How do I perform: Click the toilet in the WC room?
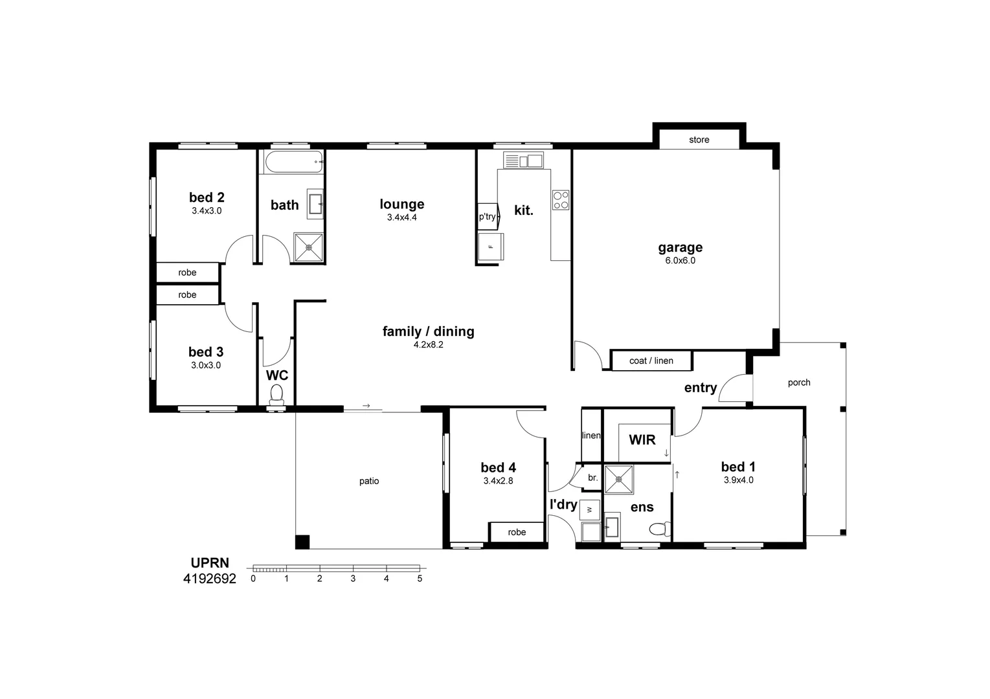coord(276,394)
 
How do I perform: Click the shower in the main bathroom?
coord(309,247)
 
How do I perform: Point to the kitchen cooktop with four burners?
coord(560,200)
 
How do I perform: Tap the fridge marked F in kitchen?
coord(490,247)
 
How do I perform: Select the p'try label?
coord(487,217)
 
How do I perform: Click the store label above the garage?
coord(699,140)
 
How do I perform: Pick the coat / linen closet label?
coord(651,361)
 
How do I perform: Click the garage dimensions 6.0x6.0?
coord(680,261)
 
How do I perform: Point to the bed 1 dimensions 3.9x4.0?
coord(737,480)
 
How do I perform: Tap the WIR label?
coord(642,440)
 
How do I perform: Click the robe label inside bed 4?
coord(517,532)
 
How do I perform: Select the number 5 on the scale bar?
coord(420,579)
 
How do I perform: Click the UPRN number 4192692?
coord(210,579)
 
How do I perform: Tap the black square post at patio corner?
coord(302,542)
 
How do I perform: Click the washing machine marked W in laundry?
coord(589,510)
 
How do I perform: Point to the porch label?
coord(798,383)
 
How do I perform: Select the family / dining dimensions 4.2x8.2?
coord(428,345)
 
